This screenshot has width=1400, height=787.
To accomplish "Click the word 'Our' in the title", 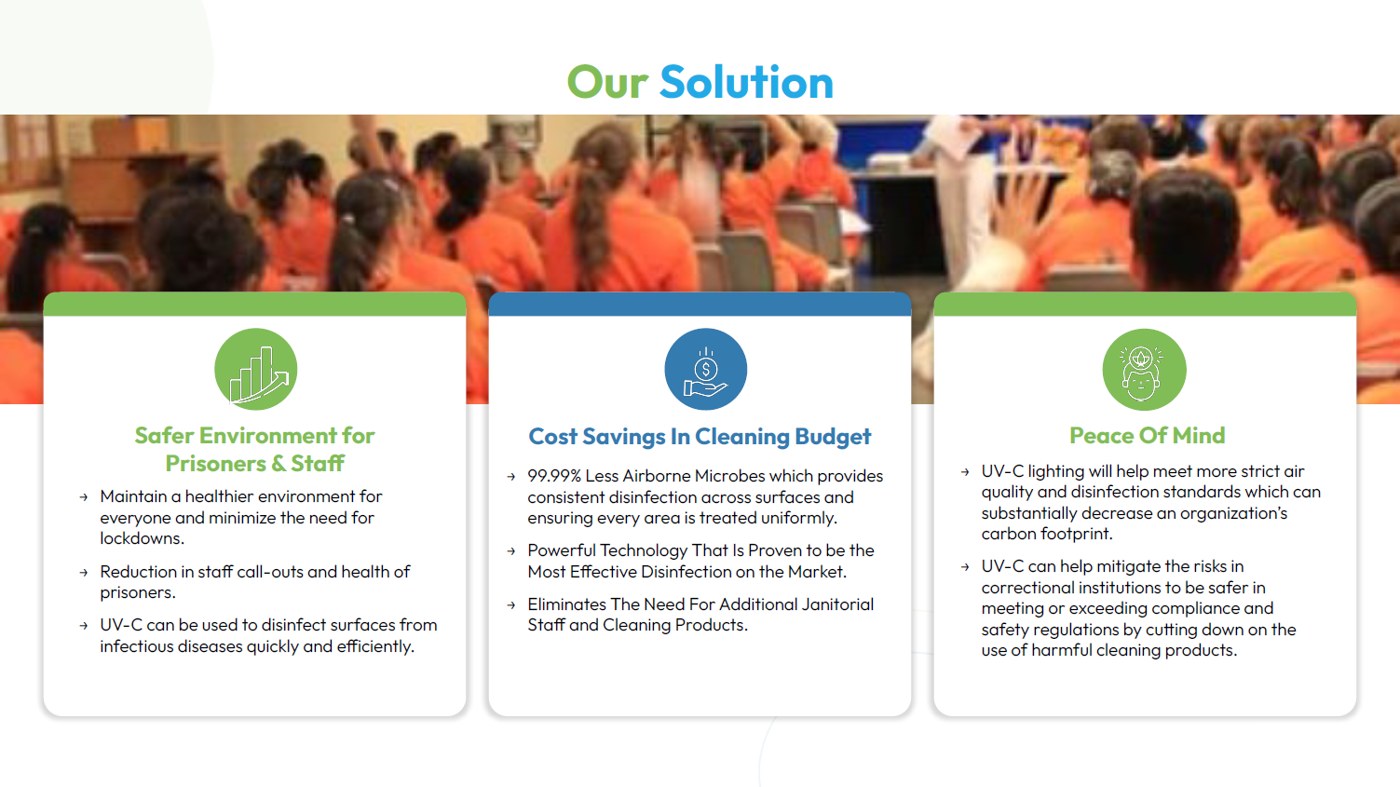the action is tap(607, 83).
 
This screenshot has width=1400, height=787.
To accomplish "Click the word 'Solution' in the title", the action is tap(747, 82).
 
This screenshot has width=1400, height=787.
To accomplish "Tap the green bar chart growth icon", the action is tap(255, 369).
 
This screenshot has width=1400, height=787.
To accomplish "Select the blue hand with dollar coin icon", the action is tap(706, 369).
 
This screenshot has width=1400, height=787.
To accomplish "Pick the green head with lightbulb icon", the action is tap(1145, 369).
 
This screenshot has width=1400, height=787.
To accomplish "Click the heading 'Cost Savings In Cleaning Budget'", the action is tap(700, 436).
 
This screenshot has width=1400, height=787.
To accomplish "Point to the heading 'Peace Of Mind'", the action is tap(1147, 436).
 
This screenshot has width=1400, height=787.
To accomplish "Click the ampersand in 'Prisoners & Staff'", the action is tap(279, 464).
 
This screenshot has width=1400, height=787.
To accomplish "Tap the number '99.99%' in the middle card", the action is tap(554, 476).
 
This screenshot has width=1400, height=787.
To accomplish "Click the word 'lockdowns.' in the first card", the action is tap(142, 538).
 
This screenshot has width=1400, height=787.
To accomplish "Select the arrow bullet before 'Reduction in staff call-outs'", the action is tap(84, 572).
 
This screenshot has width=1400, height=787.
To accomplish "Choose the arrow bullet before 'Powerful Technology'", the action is tap(511, 550).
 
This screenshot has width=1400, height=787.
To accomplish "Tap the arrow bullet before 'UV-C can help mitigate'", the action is tap(965, 567).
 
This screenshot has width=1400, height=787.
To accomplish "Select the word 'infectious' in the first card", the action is tap(137, 646).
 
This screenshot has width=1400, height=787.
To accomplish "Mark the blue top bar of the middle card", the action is tap(700, 304).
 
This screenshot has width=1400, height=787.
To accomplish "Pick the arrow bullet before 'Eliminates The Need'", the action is tap(511, 605).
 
